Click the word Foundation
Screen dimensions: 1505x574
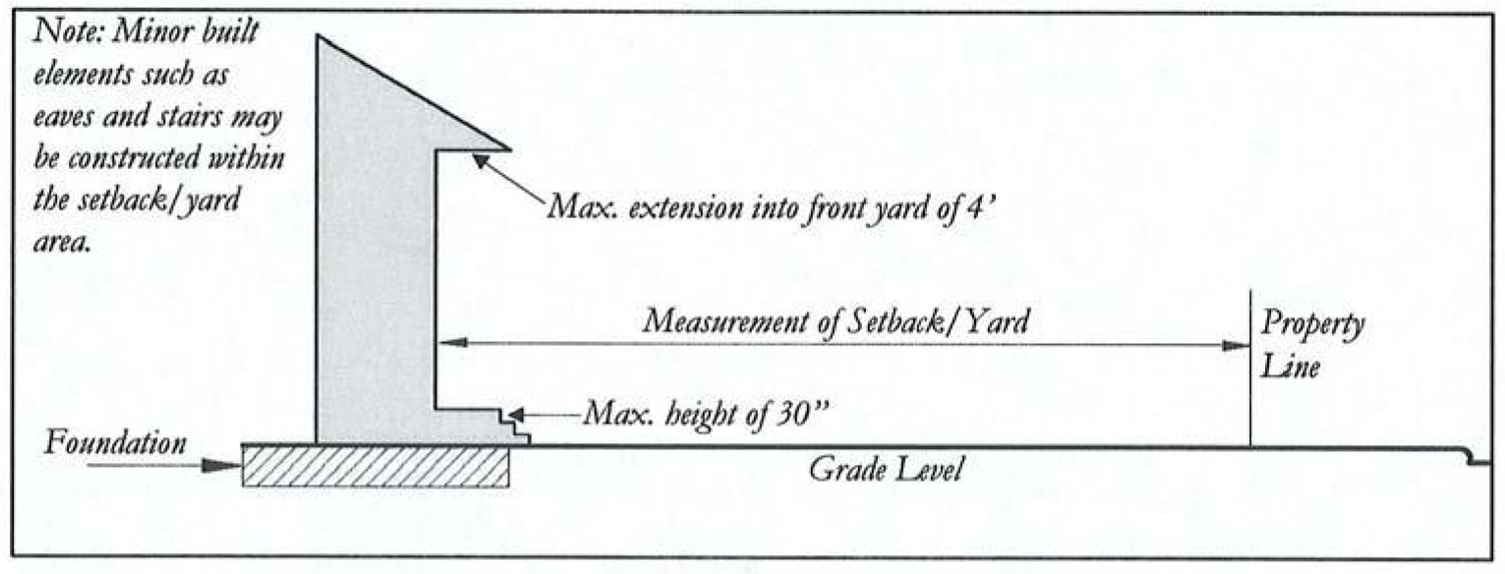point(117,444)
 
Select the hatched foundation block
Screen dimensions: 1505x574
point(375,467)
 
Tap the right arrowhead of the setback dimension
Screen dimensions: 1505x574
point(1237,344)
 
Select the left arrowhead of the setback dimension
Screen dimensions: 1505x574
point(448,343)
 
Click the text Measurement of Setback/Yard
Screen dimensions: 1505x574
point(836,321)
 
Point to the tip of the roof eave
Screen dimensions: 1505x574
point(509,149)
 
